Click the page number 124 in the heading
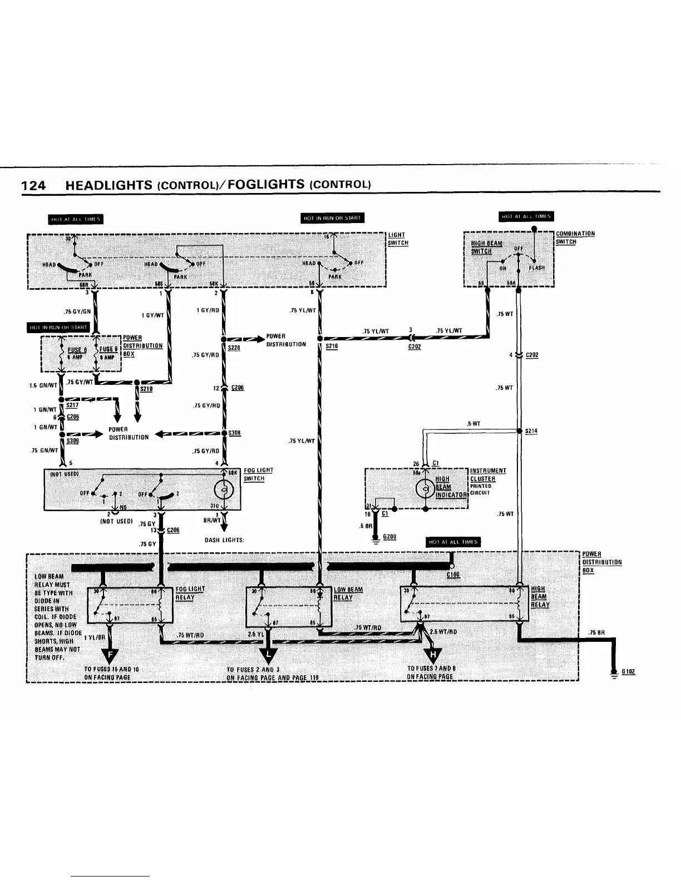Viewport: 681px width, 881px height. click(x=33, y=185)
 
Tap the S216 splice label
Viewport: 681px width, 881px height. click(x=332, y=346)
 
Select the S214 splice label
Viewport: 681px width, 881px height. click(x=531, y=431)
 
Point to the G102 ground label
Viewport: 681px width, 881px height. click(x=629, y=671)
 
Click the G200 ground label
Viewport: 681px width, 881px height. click(x=389, y=537)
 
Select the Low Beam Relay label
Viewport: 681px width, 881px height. click(x=348, y=593)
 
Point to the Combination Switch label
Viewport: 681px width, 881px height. click(x=575, y=237)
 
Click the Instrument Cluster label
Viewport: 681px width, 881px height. click(x=483, y=475)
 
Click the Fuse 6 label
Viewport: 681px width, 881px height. click(x=77, y=350)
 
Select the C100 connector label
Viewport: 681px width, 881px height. click(x=453, y=575)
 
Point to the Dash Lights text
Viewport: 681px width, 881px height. click(x=224, y=540)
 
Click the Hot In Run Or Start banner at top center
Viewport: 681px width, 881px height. click(x=332, y=217)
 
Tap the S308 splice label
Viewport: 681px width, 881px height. click(x=234, y=433)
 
